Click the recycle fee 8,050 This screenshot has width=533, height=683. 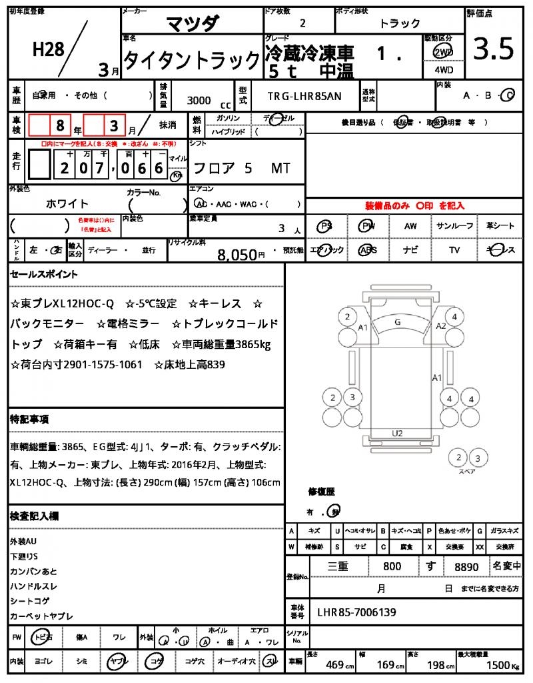click(x=237, y=254)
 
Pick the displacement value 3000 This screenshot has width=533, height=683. click(x=199, y=100)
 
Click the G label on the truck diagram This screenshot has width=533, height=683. click(x=398, y=322)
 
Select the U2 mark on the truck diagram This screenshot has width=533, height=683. click(x=398, y=433)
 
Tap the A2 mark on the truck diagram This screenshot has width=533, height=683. click(x=440, y=326)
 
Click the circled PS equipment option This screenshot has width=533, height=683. click(x=325, y=226)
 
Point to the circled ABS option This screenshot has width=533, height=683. click(x=367, y=250)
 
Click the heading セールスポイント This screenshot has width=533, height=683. click(x=43, y=274)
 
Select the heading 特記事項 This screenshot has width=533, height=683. click(x=29, y=420)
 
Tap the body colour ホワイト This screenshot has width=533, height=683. click(x=67, y=203)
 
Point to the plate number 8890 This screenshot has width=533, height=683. click(x=466, y=567)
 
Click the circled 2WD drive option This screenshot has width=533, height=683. click(x=442, y=52)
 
